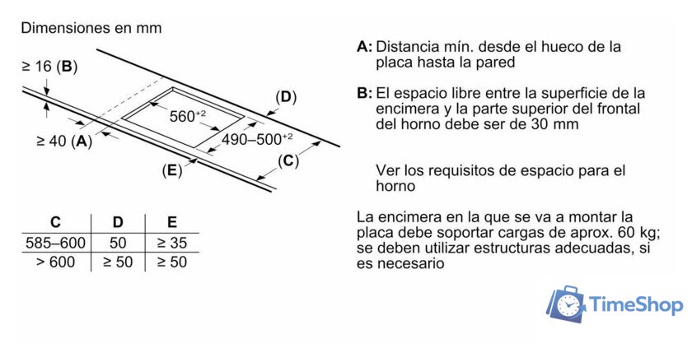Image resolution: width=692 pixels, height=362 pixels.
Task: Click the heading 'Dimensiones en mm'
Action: click(91, 28)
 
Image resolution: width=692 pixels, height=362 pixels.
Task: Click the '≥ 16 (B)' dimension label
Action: click(49, 67)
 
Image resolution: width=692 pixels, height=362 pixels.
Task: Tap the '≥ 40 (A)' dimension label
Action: click(64, 141)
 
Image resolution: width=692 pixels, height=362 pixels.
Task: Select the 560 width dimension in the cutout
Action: click(186, 117)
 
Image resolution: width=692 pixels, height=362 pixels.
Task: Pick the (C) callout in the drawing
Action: click(288, 160)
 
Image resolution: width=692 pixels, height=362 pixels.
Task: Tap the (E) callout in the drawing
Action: click(172, 171)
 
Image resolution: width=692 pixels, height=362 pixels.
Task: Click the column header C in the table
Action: click(55, 222)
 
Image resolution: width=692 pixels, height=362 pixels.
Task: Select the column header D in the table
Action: click(118, 222)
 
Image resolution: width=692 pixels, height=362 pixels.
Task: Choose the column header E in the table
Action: click(171, 222)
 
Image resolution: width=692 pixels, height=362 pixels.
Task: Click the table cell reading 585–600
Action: click(55, 243)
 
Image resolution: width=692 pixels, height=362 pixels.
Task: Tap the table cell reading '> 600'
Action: click(55, 262)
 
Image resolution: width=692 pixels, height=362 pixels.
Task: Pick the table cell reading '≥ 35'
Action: click(171, 243)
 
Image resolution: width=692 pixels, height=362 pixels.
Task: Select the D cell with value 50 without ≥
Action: click(118, 243)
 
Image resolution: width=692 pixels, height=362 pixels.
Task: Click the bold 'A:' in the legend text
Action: click(365, 47)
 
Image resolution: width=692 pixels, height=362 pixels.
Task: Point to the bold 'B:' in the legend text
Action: click(365, 93)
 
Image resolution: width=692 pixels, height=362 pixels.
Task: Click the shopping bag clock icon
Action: click(567, 305)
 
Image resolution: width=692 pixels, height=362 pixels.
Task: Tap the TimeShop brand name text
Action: click(636, 305)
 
